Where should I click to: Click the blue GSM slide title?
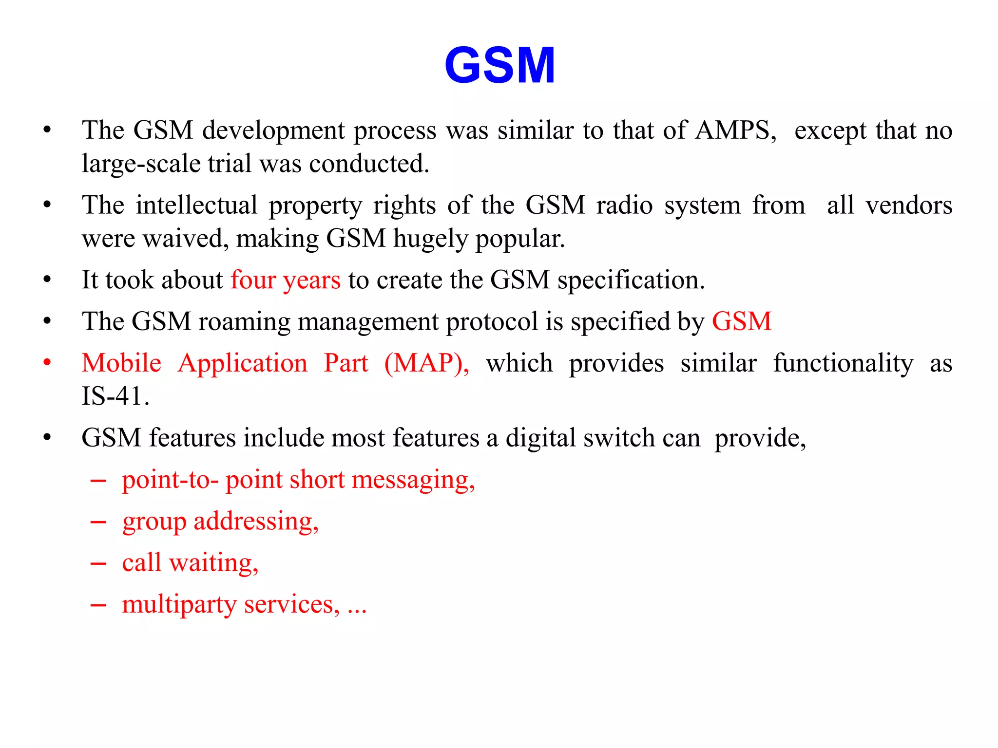point(499,65)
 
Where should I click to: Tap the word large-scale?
point(141,164)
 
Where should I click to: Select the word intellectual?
point(196,205)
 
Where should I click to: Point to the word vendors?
point(909,205)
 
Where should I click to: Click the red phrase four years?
point(286,280)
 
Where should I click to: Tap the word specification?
point(631,280)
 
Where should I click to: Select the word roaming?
point(244,321)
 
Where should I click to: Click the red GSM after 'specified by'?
point(742,321)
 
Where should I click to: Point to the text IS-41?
point(115,395)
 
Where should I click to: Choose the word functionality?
point(843,363)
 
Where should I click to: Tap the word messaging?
point(413,480)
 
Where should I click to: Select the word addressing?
point(256,521)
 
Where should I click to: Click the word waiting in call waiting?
point(213,562)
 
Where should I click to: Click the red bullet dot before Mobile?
point(47,363)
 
